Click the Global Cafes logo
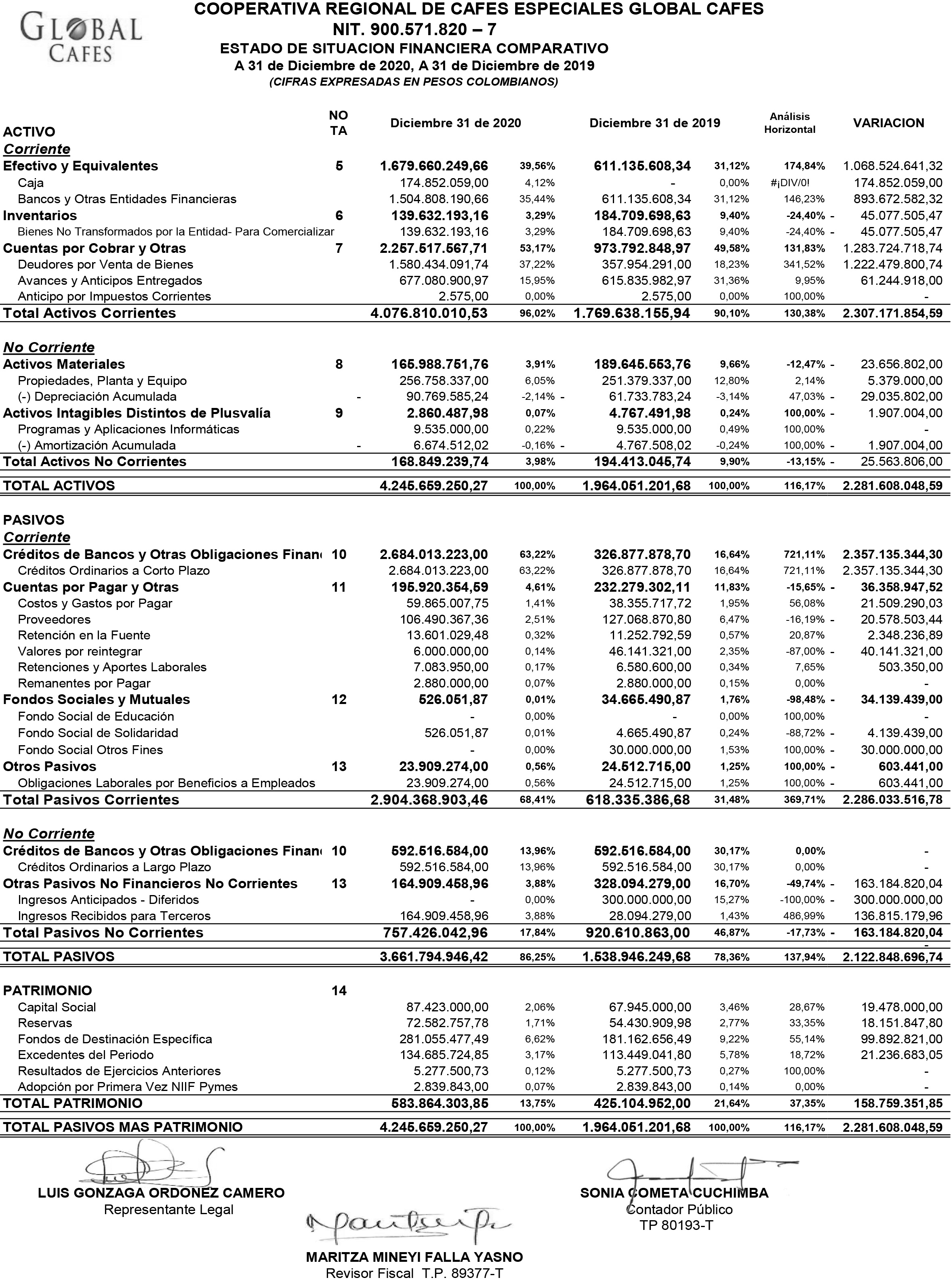click(80, 38)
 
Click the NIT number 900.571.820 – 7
click(414, 29)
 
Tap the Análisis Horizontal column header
click(789, 123)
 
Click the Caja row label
click(31, 183)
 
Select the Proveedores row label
click(54, 619)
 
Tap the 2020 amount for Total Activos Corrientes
click(429, 313)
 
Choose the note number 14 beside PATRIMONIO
click(339, 990)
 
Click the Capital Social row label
click(57, 1007)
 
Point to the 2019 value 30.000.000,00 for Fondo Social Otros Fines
click(650, 750)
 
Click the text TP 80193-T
click(676, 1225)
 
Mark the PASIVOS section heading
click(34, 519)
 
